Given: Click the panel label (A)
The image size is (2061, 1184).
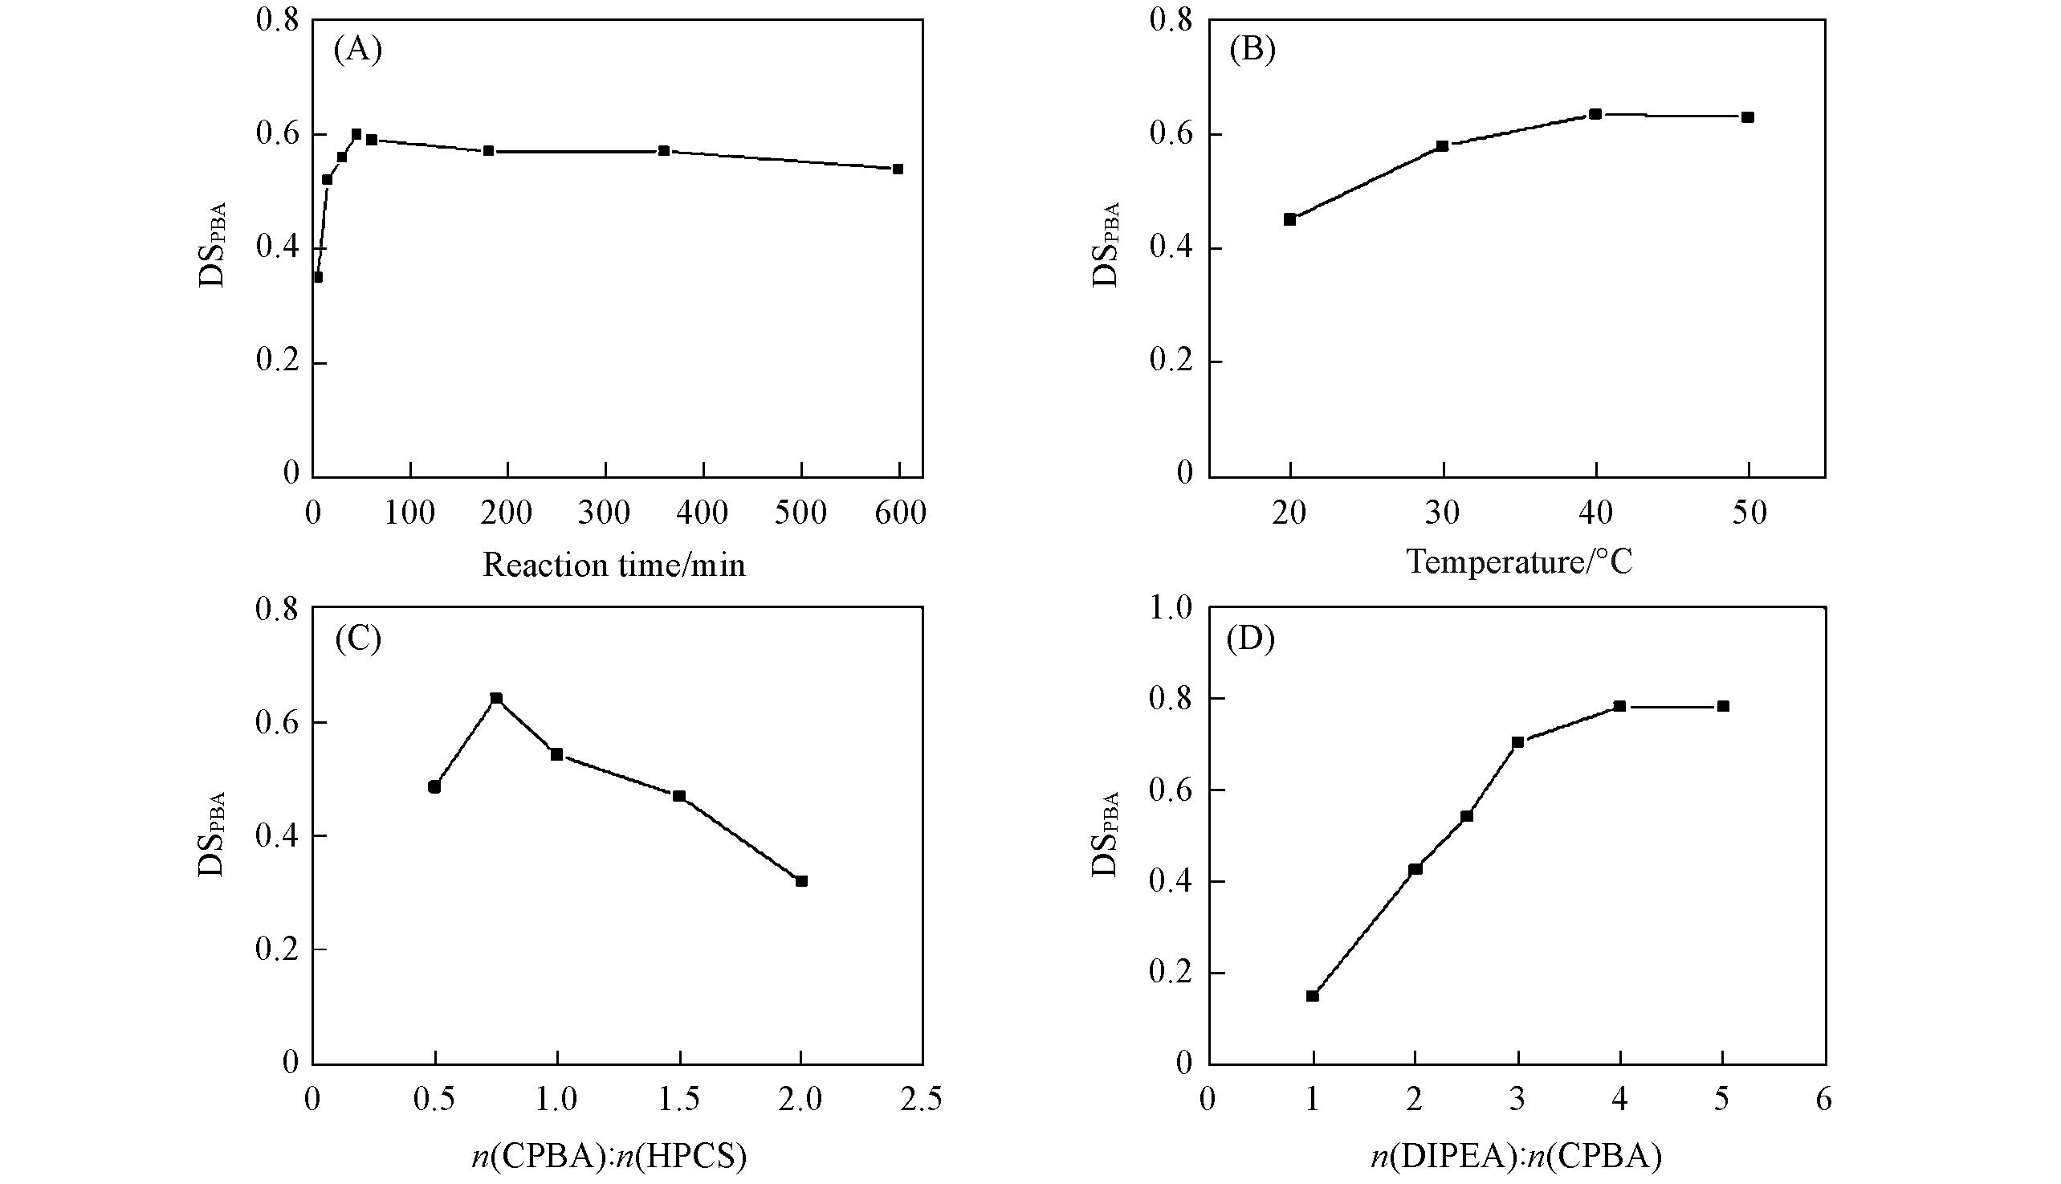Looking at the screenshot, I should (x=357, y=51).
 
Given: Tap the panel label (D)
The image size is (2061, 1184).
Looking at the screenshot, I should (x=1251, y=640).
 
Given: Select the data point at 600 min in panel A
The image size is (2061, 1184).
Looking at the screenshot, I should (x=898, y=169).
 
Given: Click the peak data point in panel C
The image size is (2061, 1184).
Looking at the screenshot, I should (x=495, y=698).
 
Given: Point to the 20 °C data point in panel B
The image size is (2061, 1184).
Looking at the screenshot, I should (x=1289, y=219).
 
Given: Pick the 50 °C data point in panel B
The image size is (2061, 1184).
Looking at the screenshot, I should (x=1748, y=117).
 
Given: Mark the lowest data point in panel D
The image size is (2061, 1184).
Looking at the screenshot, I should (x=1312, y=995).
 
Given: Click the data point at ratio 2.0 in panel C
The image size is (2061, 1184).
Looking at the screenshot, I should (x=801, y=880).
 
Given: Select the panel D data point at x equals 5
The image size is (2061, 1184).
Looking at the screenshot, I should (x=1723, y=706).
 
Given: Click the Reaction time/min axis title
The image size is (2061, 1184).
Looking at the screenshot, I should (x=613, y=565).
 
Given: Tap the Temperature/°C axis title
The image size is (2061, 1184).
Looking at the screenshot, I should (x=1519, y=562).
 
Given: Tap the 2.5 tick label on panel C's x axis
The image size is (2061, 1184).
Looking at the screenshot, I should (x=922, y=1100).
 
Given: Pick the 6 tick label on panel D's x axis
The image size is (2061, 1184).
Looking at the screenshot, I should (x=1825, y=1100).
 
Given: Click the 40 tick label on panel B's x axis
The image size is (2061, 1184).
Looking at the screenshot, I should (x=1596, y=513).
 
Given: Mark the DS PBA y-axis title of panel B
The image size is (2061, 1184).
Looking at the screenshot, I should (x=1106, y=244).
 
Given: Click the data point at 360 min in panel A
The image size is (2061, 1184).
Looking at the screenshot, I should (x=664, y=150).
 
